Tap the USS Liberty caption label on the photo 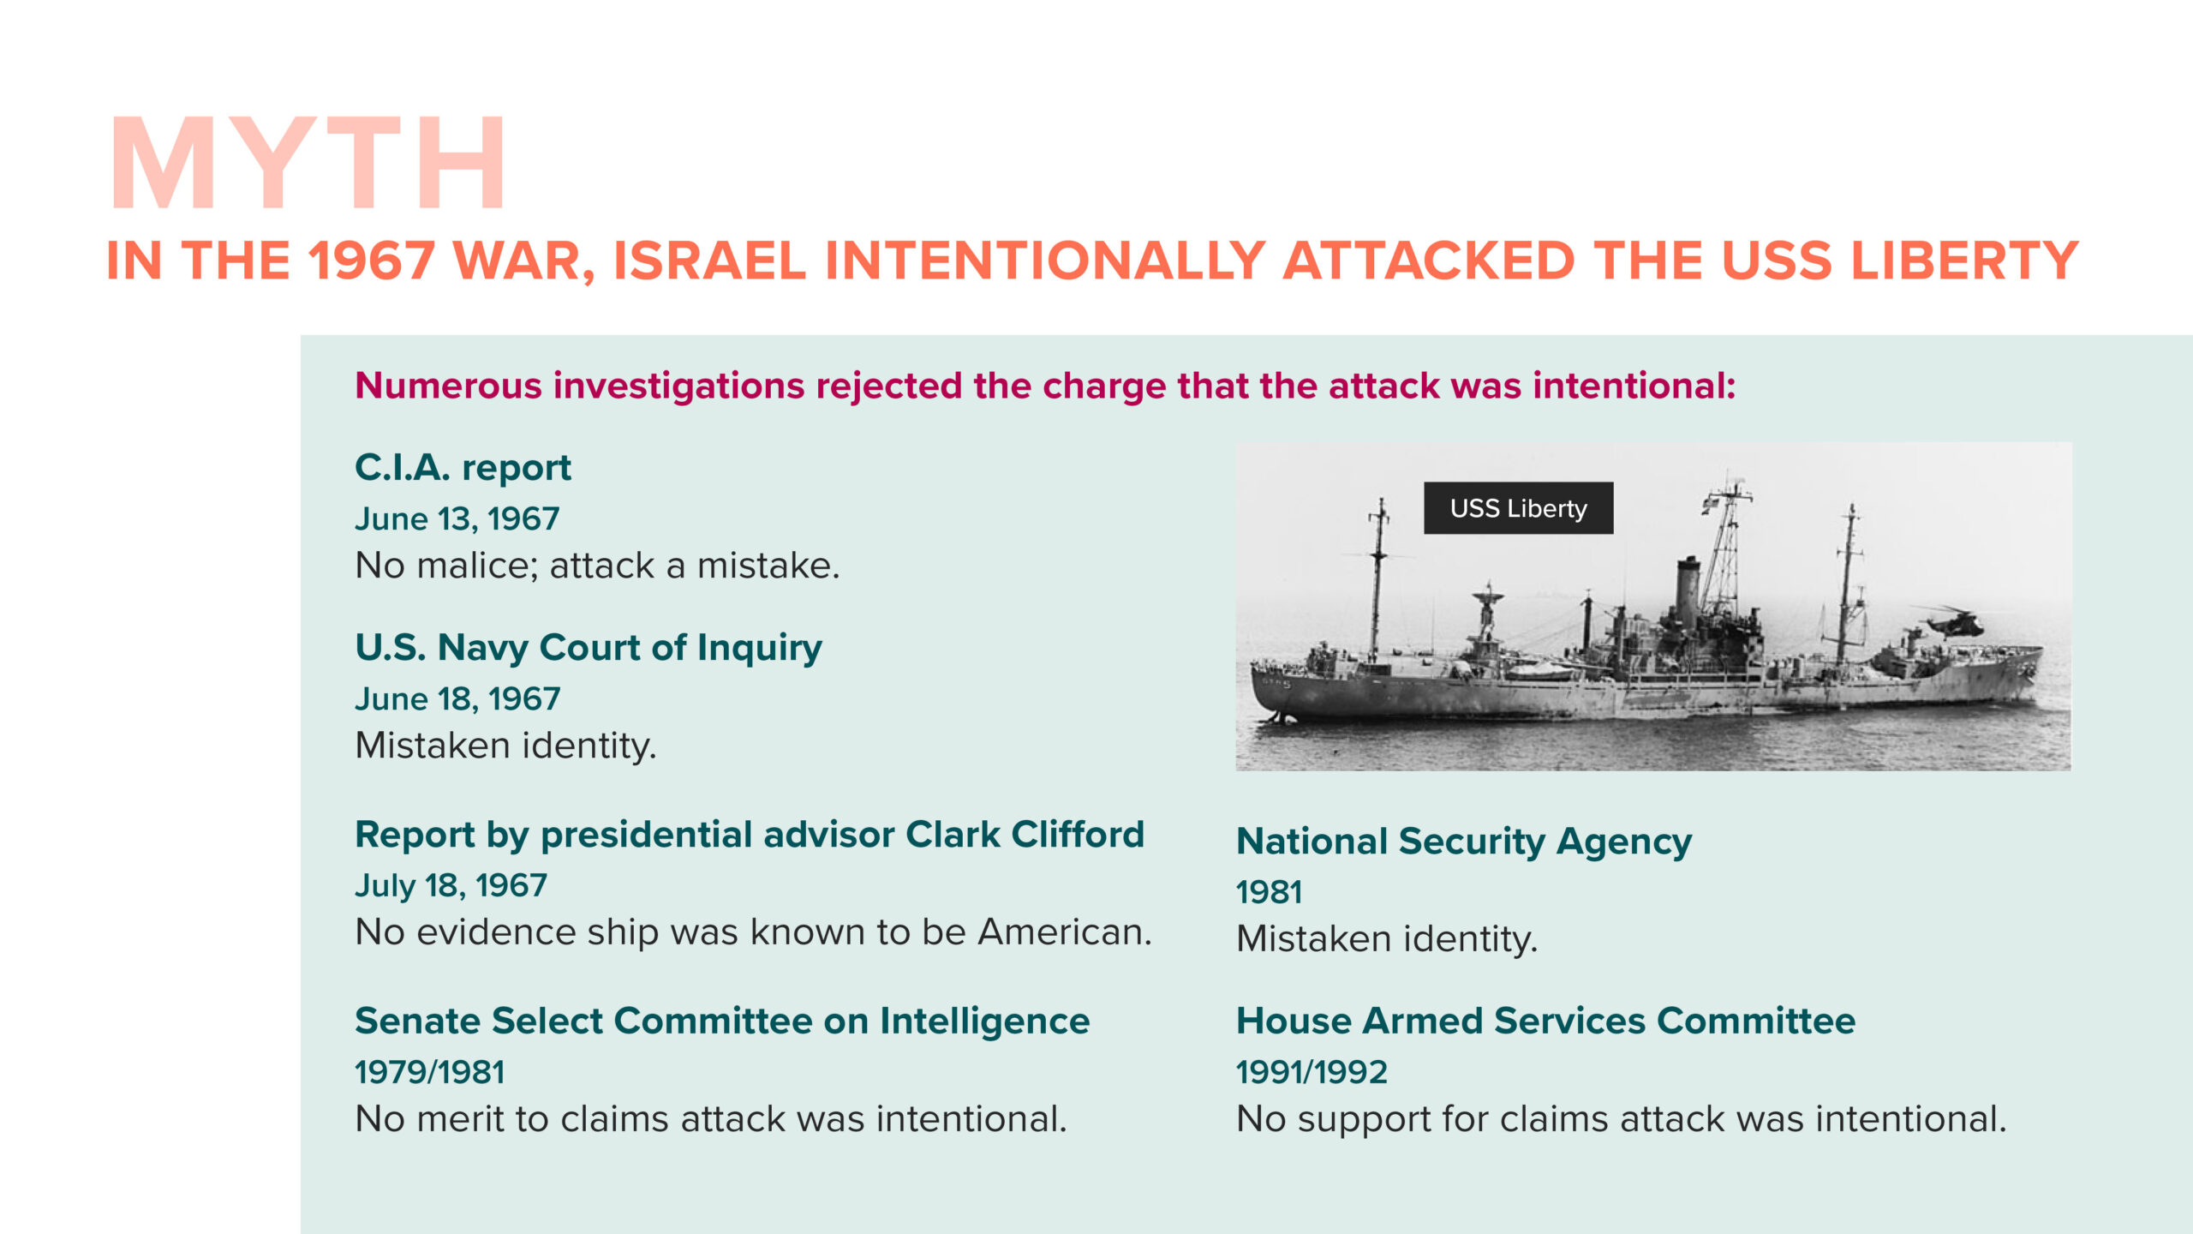tap(1518, 508)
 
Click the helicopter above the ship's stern tap(1953, 620)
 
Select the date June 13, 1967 tap(457, 519)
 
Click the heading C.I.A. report tap(463, 468)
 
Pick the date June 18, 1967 tap(457, 699)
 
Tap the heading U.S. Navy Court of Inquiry tap(589, 648)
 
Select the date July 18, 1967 tap(451, 886)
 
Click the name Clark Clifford tap(1025, 834)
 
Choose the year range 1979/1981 tap(429, 1072)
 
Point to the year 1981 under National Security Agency tap(1269, 892)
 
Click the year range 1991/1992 tap(1312, 1072)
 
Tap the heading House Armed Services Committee tap(1545, 1021)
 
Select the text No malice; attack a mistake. tap(597, 566)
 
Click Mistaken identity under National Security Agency tap(1387, 940)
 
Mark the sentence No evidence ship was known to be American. tap(753, 932)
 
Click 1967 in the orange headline tap(371, 261)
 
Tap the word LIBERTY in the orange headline tap(1965, 261)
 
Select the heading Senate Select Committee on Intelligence tap(722, 1021)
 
